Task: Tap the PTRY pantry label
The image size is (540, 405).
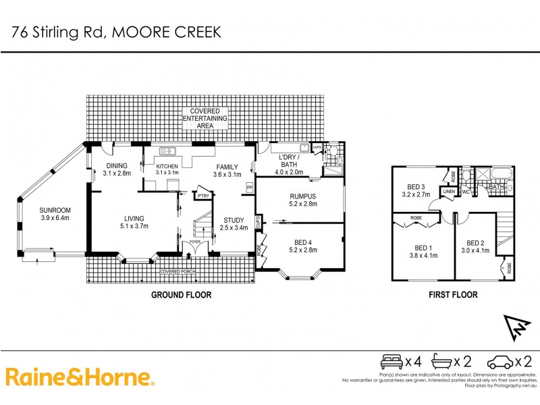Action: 202,196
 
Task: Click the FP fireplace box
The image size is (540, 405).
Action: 249,187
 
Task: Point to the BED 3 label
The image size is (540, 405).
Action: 416,187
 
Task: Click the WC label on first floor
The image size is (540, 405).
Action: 465,192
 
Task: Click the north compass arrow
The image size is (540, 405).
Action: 514,328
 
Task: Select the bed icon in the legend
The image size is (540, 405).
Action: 392,361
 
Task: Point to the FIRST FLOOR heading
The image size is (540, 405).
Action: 453,294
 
